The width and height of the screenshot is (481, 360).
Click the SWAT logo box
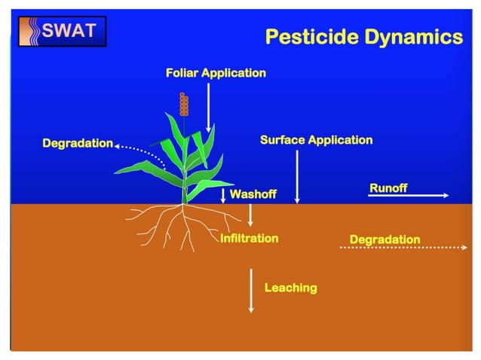62,31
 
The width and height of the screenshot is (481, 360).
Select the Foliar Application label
216,73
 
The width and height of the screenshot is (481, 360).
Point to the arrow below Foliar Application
209,105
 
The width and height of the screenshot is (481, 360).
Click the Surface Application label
316,139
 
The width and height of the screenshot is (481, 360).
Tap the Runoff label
388,188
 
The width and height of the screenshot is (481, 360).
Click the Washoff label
253,194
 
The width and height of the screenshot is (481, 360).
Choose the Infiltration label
249,238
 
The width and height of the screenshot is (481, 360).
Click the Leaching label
290,288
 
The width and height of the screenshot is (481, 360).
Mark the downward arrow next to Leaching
251,288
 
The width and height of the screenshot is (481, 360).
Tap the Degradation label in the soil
384,239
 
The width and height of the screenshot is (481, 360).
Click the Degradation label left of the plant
78,143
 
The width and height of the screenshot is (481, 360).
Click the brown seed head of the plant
183,104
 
